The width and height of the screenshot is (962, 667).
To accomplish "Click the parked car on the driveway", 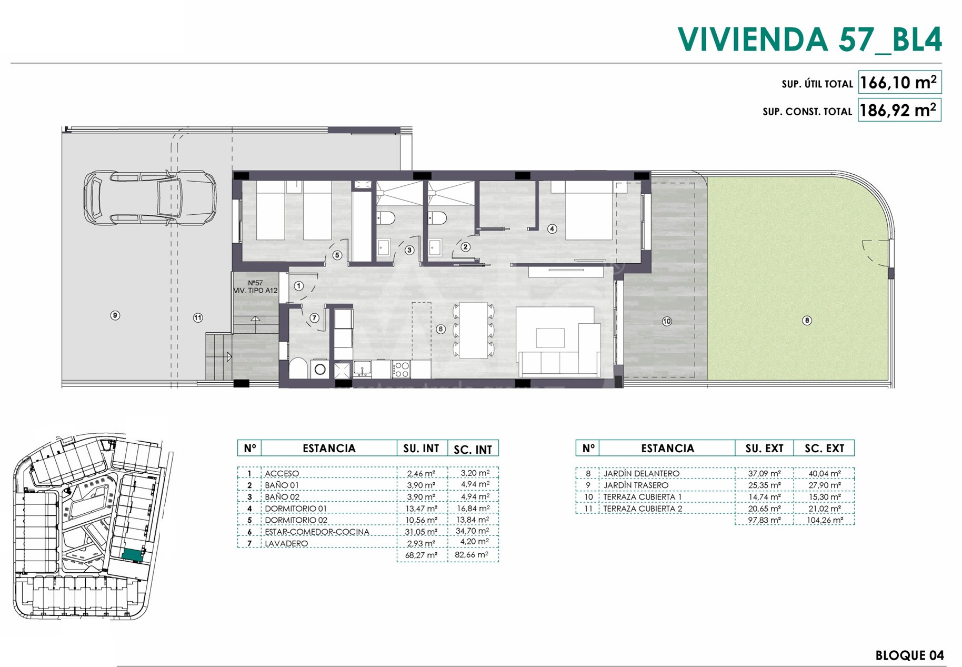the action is tap(150, 198).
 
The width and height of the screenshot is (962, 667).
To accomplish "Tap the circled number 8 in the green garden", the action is tap(807, 320).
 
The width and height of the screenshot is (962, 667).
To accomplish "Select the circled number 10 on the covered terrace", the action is tap(667, 321).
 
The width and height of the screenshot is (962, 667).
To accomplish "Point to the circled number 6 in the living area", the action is tap(440, 329).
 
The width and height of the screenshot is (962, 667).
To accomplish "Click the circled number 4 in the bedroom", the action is tap(552, 228).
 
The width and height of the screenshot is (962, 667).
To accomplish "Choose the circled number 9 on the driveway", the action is tap(115, 315).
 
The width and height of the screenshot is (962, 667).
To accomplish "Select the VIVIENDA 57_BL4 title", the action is tap(809, 39).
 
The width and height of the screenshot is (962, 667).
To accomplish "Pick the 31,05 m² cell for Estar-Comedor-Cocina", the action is tap(421, 532).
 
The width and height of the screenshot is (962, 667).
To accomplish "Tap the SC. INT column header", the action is tap(473, 449).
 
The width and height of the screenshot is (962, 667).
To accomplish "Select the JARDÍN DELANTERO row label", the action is tap(641, 473).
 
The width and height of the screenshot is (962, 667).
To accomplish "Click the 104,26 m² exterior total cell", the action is tap(825, 520).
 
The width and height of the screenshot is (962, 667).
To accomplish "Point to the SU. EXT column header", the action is tap(764, 449).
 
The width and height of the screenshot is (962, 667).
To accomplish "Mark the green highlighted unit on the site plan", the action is tap(132, 555).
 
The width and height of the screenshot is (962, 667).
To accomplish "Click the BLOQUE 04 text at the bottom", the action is tap(909, 655).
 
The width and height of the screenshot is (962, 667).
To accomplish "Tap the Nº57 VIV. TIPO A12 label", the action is tap(256, 286).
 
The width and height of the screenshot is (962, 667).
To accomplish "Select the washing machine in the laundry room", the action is tap(320, 369).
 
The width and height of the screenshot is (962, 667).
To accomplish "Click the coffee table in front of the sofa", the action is tap(550, 337).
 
